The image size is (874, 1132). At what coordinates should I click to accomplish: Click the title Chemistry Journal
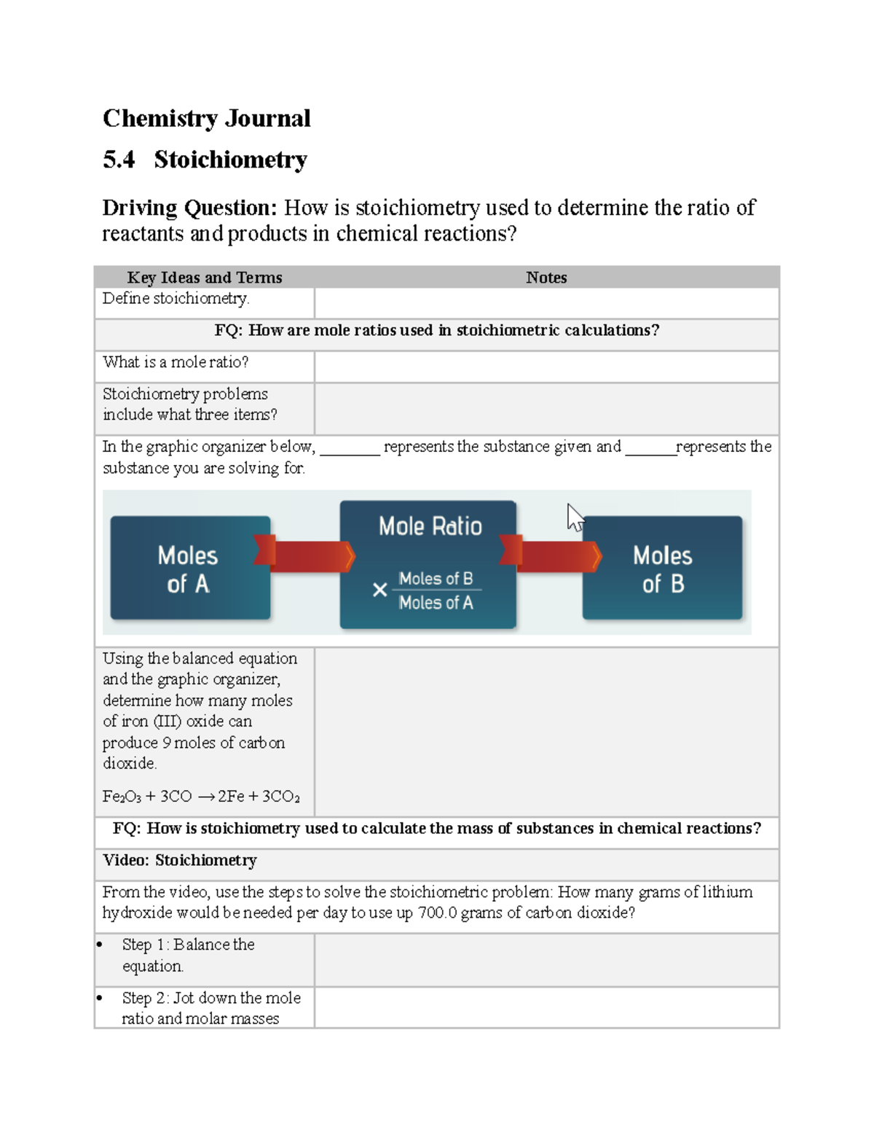coord(206,118)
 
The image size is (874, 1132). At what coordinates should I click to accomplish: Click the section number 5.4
coord(119,160)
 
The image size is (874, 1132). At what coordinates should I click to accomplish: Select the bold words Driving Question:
coord(189,208)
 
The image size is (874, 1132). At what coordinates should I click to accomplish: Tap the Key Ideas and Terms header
coord(204,277)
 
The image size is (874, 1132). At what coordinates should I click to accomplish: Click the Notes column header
coord(546,277)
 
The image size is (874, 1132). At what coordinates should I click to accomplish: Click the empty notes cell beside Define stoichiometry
coord(546,302)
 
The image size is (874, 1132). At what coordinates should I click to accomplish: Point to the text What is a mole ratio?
coord(176,362)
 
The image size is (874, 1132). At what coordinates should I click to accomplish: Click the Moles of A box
coord(189,569)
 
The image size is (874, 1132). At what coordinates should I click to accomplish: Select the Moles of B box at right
coord(662,569)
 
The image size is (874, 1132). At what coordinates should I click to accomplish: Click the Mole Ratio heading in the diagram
coord(430,526)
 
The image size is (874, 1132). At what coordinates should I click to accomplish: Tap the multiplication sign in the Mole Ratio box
coord(379,590)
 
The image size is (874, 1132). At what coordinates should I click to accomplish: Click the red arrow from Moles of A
coord(306,555)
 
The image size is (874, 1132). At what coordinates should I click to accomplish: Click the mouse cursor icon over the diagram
coord(575,518)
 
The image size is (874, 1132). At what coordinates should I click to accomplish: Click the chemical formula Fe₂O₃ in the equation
coord(122,797)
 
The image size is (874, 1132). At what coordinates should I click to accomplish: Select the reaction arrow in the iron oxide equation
coord(205,797)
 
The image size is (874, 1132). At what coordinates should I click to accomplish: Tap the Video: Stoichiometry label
coord(180,860)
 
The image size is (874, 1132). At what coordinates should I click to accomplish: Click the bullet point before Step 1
coord(100,945)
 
